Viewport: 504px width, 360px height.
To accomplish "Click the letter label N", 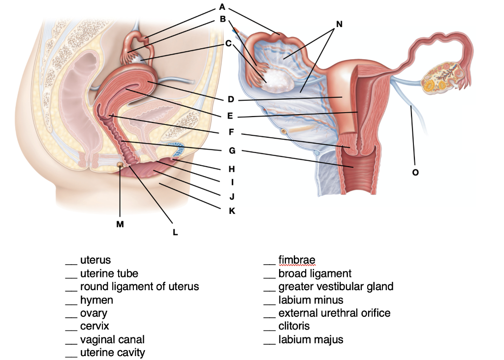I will pyautogui.click(x=339, y=24).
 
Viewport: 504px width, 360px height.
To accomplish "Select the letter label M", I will pyautogui.click(x=120, y=224).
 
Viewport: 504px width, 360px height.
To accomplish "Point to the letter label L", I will pyautogui.click(x=175, y=233).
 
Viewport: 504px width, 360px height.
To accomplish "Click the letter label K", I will pyautogui.click(x=232, y=211).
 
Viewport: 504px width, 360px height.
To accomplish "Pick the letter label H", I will pyautogui.click(x=232, y=169).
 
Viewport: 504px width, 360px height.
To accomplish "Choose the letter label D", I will pyautogui.click(x=230, y=100).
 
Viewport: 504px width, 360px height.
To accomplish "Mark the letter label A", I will pyautogui.click(x=222, y=7).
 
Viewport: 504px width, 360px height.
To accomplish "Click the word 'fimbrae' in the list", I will pyautogui.click(x=296, y=260).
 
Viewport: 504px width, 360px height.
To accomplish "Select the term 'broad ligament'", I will pyautogui.click(x=315, y=273).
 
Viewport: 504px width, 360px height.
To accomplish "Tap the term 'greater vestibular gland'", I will pyautogui.click(x=336, y=286).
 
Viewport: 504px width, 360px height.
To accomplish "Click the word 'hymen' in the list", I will pyautogui.click(x=96, y=300).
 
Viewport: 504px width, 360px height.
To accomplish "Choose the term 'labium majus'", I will pyautogui.click(x=311, y=339).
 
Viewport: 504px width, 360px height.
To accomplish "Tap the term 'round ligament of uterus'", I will pyautogui.click(x=139, y=286).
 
